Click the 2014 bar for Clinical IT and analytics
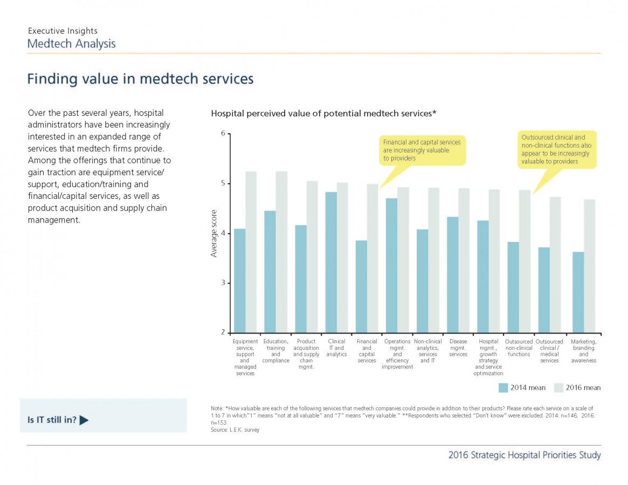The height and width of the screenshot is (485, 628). [331, 262]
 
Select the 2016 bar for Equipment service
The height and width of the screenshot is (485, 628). [251, 252]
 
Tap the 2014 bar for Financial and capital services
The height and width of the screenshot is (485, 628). [361, 287]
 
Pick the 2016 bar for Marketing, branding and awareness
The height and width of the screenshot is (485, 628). [590, 266]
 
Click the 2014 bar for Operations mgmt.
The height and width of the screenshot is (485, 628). [392, 266]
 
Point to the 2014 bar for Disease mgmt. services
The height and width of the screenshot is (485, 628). [453, 275]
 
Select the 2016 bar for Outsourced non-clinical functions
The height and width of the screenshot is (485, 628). [525, 261]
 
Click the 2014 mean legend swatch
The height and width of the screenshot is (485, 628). [503, 387]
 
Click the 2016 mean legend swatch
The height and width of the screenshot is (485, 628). [558, 387]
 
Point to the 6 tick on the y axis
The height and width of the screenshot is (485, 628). [229, 134]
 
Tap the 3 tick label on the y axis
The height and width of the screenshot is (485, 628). [223, 283]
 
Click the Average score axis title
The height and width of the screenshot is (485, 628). [214, 233]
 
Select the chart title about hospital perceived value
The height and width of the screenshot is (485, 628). [323, 113]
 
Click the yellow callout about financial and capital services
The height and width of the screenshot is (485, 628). [422, 150]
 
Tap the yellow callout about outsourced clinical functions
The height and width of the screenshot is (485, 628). [557, 149]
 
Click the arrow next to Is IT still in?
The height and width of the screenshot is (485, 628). [84, 420]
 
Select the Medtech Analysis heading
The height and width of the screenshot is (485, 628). [71, 44]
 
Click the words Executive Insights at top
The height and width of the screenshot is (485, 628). [63, 31]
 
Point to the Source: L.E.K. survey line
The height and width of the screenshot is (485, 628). [235, 429]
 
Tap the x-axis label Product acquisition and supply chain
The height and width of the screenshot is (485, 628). [306, 354]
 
